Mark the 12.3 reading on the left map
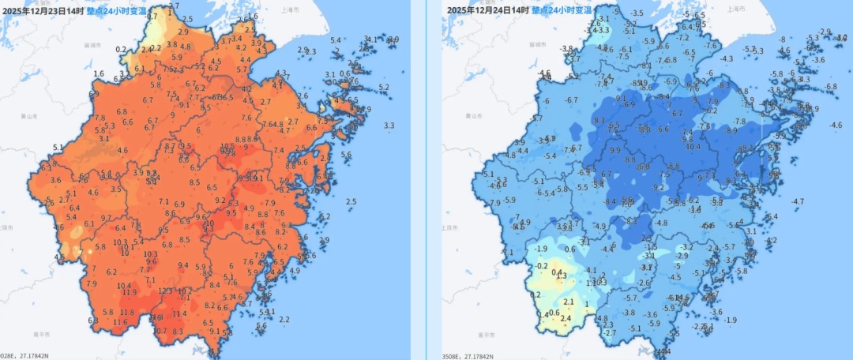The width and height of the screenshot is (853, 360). tap(166, 291)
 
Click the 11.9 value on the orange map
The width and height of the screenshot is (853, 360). tap(129, 292)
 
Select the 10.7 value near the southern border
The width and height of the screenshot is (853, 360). tap(160, 331)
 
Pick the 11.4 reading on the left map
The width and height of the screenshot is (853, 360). tap(179, 313)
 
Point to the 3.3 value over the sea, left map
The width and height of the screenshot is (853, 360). tap(389, 126)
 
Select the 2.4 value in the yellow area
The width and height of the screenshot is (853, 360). tap(566, 318)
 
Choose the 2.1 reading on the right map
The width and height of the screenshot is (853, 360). tap(568, 302)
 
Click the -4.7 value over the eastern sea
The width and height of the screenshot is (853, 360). tap(798, 201)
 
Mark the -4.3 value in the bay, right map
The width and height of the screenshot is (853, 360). tap(727, 58)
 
